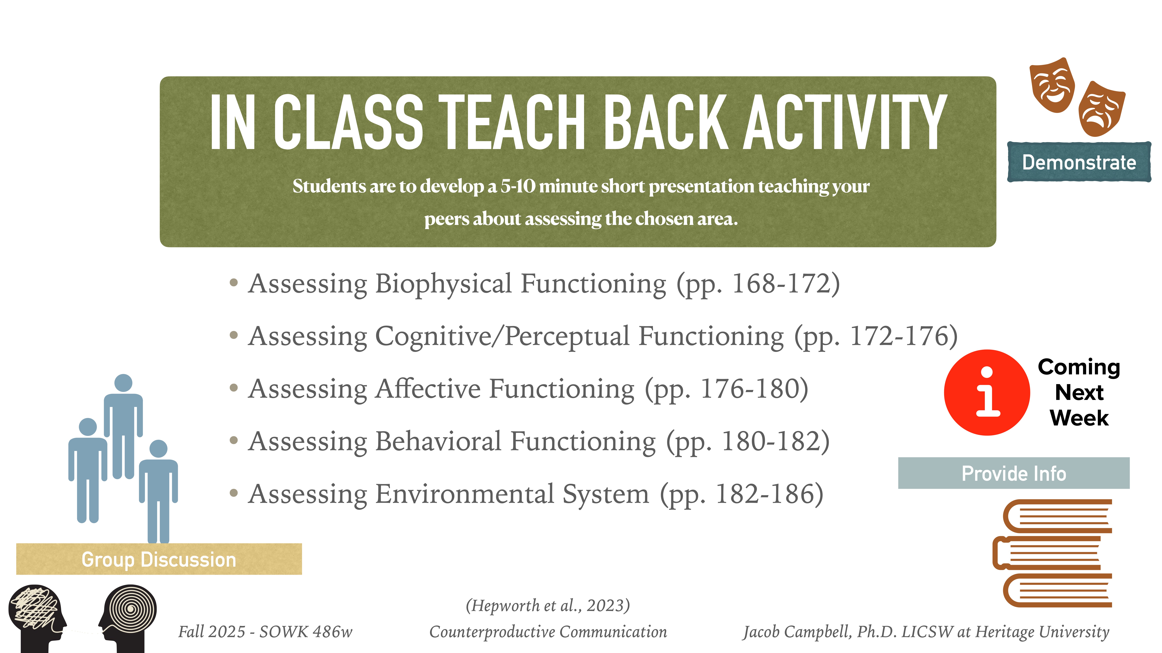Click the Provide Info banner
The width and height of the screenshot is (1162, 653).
pyautogui.click(x=1014, y=473)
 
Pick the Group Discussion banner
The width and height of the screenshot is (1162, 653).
pyautogui.click(x=159, y=559)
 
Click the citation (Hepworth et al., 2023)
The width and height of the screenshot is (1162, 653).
pyautogui.click(x=548, y=605)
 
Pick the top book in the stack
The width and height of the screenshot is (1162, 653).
pyautogui.click(x=1058, y=516)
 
